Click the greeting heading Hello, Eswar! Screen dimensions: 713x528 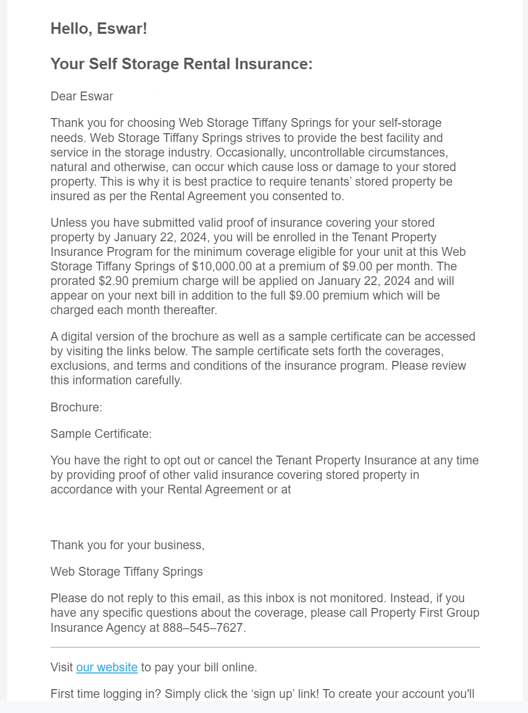(x=99, y=29)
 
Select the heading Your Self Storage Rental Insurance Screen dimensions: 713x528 (x=181, y=64)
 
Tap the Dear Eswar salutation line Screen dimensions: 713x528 (x=82, y=96)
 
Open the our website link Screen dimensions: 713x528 (x=107, y=667)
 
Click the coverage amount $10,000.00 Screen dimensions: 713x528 (x=222, y=266)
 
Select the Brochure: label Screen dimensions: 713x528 (x=76, y=407)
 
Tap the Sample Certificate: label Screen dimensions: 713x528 (x=101, y=434)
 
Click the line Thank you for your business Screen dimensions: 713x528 (x=128, y=545)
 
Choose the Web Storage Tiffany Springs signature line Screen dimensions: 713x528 (x=127, y=572)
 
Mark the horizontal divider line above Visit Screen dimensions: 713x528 (x=265, y=647)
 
